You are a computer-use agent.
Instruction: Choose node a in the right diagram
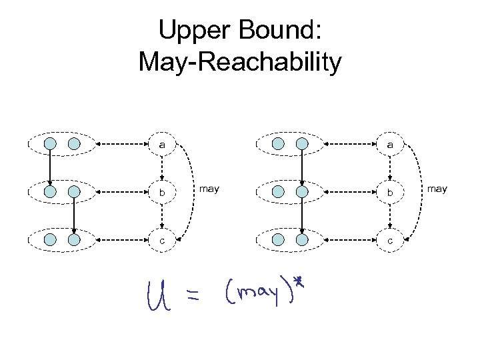click(x=390, y=143)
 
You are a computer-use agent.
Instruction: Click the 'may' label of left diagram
click(x=209, y=189)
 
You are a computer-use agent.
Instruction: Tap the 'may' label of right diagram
click(x=437, y=189)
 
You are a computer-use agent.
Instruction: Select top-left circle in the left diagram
click(x=51, y=143)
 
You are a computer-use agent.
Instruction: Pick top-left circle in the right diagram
click(x=279, y=143)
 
